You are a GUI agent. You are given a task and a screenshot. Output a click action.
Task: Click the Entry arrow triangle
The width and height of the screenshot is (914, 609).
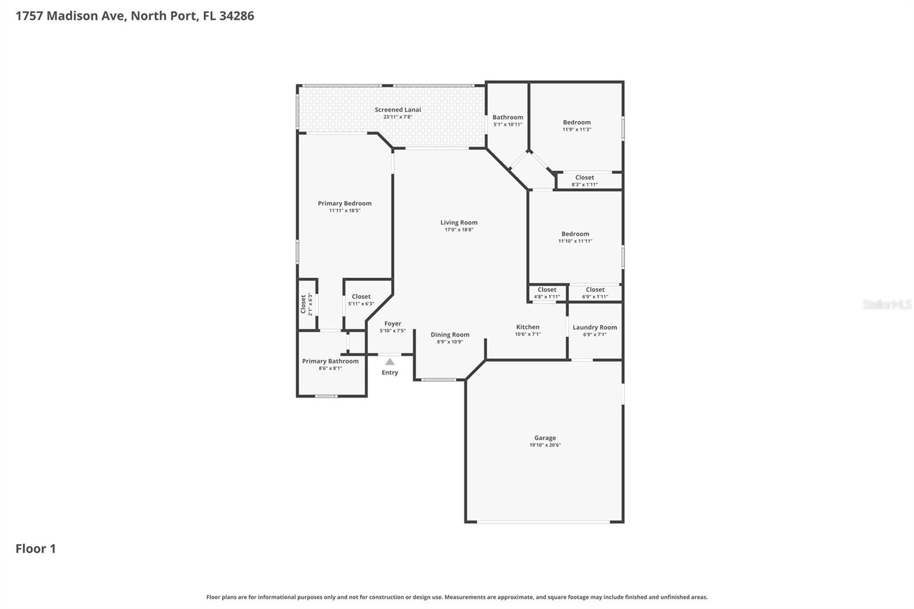390,362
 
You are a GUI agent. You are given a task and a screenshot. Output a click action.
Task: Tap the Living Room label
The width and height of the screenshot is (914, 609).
459,223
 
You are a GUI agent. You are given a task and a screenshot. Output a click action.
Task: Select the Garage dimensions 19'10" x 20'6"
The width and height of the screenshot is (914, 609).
545,445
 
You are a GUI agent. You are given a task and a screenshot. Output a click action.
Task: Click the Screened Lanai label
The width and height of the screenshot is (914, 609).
398,110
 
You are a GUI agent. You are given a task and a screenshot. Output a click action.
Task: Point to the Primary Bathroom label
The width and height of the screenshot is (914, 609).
330,361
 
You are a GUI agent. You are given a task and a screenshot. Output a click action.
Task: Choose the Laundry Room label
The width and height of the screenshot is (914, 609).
595,327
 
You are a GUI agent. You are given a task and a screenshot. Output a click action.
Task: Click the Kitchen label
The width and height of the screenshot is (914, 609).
528,327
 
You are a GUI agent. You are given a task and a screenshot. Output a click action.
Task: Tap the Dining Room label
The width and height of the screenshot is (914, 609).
450,335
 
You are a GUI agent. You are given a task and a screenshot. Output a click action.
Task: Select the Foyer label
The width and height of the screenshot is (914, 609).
392,324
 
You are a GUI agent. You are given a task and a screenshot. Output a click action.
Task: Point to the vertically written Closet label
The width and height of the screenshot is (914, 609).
303,304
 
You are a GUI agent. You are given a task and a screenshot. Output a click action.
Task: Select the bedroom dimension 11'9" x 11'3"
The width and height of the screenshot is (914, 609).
576,130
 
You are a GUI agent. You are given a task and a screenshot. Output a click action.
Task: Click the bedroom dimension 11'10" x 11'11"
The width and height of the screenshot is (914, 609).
575,241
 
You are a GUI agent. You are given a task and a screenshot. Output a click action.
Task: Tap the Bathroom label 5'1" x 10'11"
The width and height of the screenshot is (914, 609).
508,118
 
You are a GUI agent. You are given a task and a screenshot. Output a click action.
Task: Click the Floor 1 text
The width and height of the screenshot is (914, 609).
35,549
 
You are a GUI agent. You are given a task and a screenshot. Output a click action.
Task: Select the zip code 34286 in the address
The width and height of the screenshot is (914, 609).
236,16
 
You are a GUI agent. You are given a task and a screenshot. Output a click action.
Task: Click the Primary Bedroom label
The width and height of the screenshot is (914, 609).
344,203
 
